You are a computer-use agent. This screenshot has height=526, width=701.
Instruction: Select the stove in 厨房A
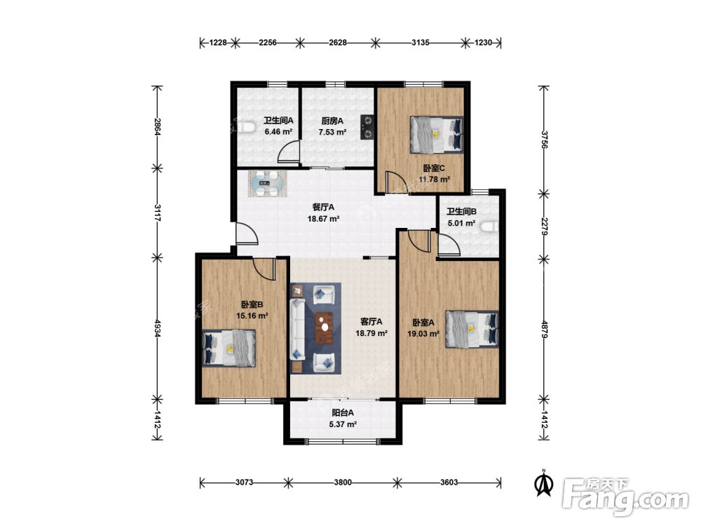[368, 128]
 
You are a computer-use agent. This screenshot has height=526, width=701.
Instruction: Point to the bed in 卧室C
[437, 135]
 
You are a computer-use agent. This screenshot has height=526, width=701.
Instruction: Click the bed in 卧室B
[229, 349]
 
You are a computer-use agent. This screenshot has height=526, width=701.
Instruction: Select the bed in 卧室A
[472, 329]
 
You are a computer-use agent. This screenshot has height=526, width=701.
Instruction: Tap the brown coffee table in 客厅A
[324, 328]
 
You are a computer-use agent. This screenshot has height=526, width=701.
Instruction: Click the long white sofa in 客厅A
[298, 330]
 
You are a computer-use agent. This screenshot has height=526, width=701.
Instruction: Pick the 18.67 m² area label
[323, 219]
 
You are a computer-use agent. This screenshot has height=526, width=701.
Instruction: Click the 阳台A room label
[343, 413]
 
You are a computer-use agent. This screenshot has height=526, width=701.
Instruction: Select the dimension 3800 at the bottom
[343, 483]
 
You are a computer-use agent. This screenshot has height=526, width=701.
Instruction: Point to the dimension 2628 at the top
[338, 43]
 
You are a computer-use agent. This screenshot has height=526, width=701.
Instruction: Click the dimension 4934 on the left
[157, 328]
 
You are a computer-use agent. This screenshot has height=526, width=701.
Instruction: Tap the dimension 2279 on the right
[544, 227]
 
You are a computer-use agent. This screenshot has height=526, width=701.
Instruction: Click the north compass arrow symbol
[545, 483]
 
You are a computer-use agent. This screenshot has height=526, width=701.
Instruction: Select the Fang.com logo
[625, 497]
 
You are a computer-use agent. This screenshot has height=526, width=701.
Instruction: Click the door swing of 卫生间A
[288, 151]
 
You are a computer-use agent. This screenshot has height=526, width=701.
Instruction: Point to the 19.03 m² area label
[423, 333]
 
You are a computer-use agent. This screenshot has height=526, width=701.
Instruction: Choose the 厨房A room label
[332, 121]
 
